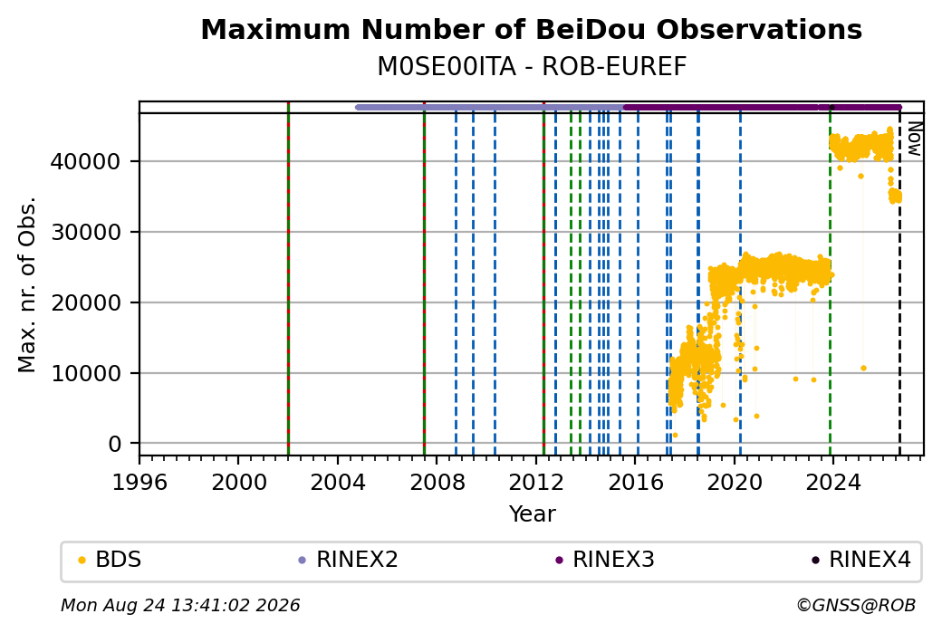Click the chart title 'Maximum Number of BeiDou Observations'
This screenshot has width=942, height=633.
click(531, 29)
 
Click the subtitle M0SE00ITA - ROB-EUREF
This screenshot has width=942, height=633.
click(531, 67)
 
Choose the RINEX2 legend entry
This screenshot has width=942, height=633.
click(349, 560)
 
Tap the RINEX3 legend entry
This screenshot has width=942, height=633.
click(605, 560)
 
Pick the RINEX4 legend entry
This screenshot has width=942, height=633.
click(861, 560)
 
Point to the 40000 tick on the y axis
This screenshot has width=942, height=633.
click(86, 161)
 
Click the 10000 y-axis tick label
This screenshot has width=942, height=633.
click(86, 374)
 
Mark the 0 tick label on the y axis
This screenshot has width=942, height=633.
click(115, 445)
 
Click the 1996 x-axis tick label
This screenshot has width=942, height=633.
click(139, 483)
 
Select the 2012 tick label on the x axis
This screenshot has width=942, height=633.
click(536, 483)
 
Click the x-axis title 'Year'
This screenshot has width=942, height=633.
click(533, 514)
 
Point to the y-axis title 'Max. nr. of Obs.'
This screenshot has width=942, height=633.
click(27, 284)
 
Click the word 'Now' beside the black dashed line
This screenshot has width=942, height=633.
click(914, 139)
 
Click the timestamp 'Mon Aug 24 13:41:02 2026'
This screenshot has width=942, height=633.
click(180, 605)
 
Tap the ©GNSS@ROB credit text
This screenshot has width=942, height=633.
click(856, 605)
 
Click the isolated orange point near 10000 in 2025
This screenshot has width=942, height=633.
click(863, 369)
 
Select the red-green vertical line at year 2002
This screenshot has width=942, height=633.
click(288, 279)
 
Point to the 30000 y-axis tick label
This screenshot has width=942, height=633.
click(86, 233)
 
